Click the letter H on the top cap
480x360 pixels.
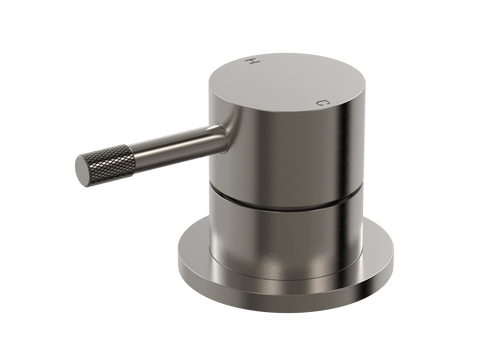252,61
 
